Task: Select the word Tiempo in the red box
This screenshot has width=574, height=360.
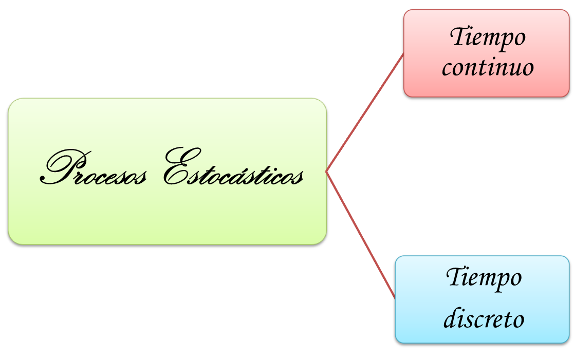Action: pyautogui.click(x=488, y=38)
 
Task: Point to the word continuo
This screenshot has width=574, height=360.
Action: pyautogui.click(x=488, y=68)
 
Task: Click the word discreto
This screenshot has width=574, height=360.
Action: pyautogui.click(x=484, y=319)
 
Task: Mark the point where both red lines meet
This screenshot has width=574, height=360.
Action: pyautogui.click(x=327, y=172)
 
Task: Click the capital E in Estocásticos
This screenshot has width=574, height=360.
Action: pyautogui.click(x=177, y=167)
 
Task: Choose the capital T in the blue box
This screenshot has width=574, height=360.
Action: pyautogui.click(x=455, y=277)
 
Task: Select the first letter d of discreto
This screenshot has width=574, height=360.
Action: pyautogui.click(x=449, y=319)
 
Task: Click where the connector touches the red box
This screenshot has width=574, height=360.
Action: pyautogui.click(x=403, y=53)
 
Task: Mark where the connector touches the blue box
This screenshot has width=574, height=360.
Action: pyautogui.click(x=395, y=296)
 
